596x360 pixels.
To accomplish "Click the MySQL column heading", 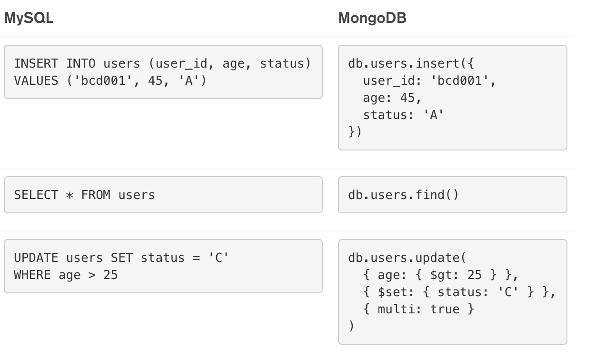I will [29, 18].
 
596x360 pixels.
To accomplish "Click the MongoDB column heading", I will [372, 18].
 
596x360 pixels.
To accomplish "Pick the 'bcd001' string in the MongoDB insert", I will [460, 80].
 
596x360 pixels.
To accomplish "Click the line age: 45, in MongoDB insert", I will [392, 98].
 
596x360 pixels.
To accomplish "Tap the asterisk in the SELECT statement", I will [70, 195].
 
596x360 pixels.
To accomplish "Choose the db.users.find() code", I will [404, 195].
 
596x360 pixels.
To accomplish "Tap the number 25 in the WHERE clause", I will [110, 275].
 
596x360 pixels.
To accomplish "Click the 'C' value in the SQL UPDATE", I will [219, 258].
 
